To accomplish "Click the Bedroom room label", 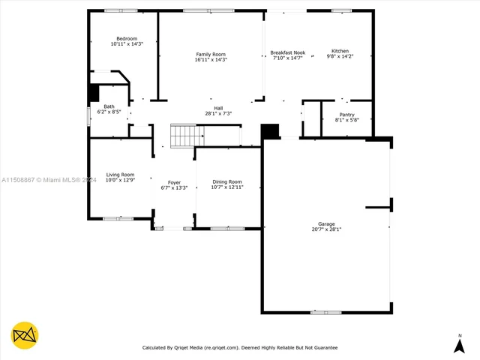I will (126, 38).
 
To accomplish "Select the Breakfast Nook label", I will (287, 52).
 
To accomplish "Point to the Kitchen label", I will (340, 51).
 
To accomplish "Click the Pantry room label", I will (346, 115).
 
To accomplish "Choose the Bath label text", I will (109, 106).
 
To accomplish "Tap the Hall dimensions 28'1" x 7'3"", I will (218, 113).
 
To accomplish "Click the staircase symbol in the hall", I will (187, 136).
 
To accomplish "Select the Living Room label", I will (119, 175).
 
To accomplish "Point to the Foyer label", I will (174, 182).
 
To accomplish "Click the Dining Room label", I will (227, 181).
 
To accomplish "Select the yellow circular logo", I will (25, 334).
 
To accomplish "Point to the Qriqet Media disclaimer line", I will (240, 348).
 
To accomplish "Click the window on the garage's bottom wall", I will (325, 312).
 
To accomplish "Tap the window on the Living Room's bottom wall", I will (118, 218).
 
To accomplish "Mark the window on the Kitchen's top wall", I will (341, 10).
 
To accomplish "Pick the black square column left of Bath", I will (94, 93).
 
